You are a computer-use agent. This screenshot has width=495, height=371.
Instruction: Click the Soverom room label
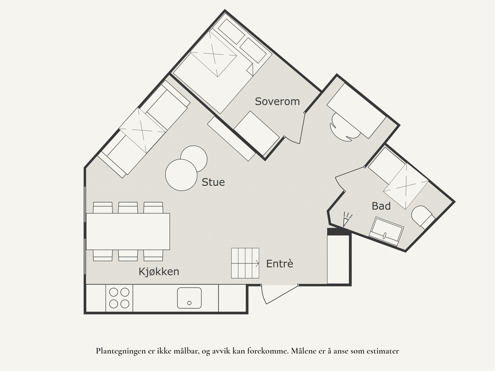click(277, 101)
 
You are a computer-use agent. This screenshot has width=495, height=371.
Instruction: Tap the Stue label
click(213, 182)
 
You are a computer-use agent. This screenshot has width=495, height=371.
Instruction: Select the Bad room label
click(381, 206)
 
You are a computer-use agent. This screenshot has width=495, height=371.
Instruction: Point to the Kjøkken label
click(159, 272)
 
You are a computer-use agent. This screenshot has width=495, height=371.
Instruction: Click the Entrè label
click(280, 264)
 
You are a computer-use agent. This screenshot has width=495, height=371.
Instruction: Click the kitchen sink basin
click(189, 298)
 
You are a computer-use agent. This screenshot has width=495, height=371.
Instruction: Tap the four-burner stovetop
click(119, 298)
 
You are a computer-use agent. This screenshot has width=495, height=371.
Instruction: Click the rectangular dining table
click(128, 231)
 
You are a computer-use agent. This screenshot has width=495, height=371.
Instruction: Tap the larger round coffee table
click(181, 175)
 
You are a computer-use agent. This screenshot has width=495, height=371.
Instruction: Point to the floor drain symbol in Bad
click(347, 219)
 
